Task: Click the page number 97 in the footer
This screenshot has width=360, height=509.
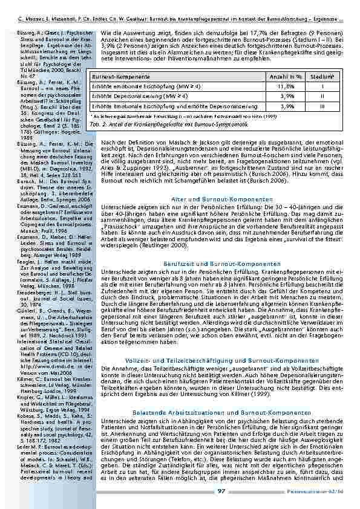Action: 222,491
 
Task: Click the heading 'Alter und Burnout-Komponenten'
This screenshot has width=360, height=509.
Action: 223,199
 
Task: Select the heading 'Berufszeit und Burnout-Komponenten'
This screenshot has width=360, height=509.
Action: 223,264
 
